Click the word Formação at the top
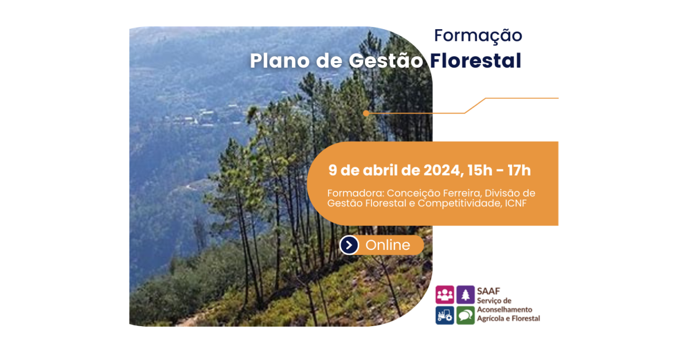pyautogui.click(x=478, y=36)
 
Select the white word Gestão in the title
pyautogui.click(x=386, y=61)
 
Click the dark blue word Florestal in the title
pyautogui.click(x=475, y=60)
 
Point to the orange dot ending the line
pyautogui.click(x=366, y=113)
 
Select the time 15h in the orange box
pyautogui.click(x=480, y=170)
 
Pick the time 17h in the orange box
pyautogui.click(x=519, y=170)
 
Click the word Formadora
pyautogui.click(x=355, y=193)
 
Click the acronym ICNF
pyautogui.click(x=515, y=204)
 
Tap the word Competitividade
pyautogui.click(x=460, y=204)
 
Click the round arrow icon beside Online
pyautogui.click(x=349, y=245)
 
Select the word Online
pyautogui.click(x=388, y=245)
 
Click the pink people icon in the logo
pyautogui.click(x=445, y=295)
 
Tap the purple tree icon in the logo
pyautogui.click(x=466, y=295)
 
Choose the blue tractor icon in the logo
pyautogui.click(x=445, y=315)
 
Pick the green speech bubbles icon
pyautogui.click(x=466, y=315)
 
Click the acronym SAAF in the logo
pyautogui.click(x=488, y=291)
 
